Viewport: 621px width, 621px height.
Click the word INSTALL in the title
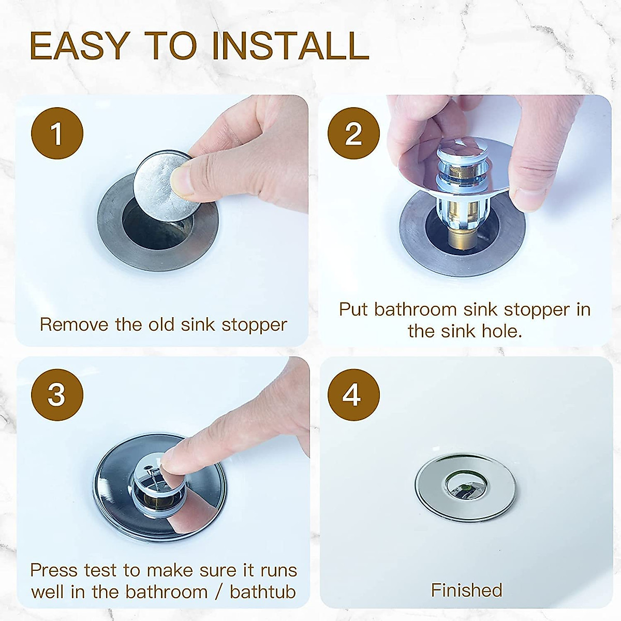tap(290, 46)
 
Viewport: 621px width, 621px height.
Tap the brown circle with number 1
tap(57, 134)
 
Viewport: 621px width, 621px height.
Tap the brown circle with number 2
tap(353, 134)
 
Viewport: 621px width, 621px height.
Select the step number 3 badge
tap(57, 395)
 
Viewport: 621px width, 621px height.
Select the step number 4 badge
tap(353, 395)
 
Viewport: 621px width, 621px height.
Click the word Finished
tap(466, 590)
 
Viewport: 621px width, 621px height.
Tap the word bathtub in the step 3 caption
tap(263, 592)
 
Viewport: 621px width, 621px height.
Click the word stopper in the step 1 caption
tap(254, 325)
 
